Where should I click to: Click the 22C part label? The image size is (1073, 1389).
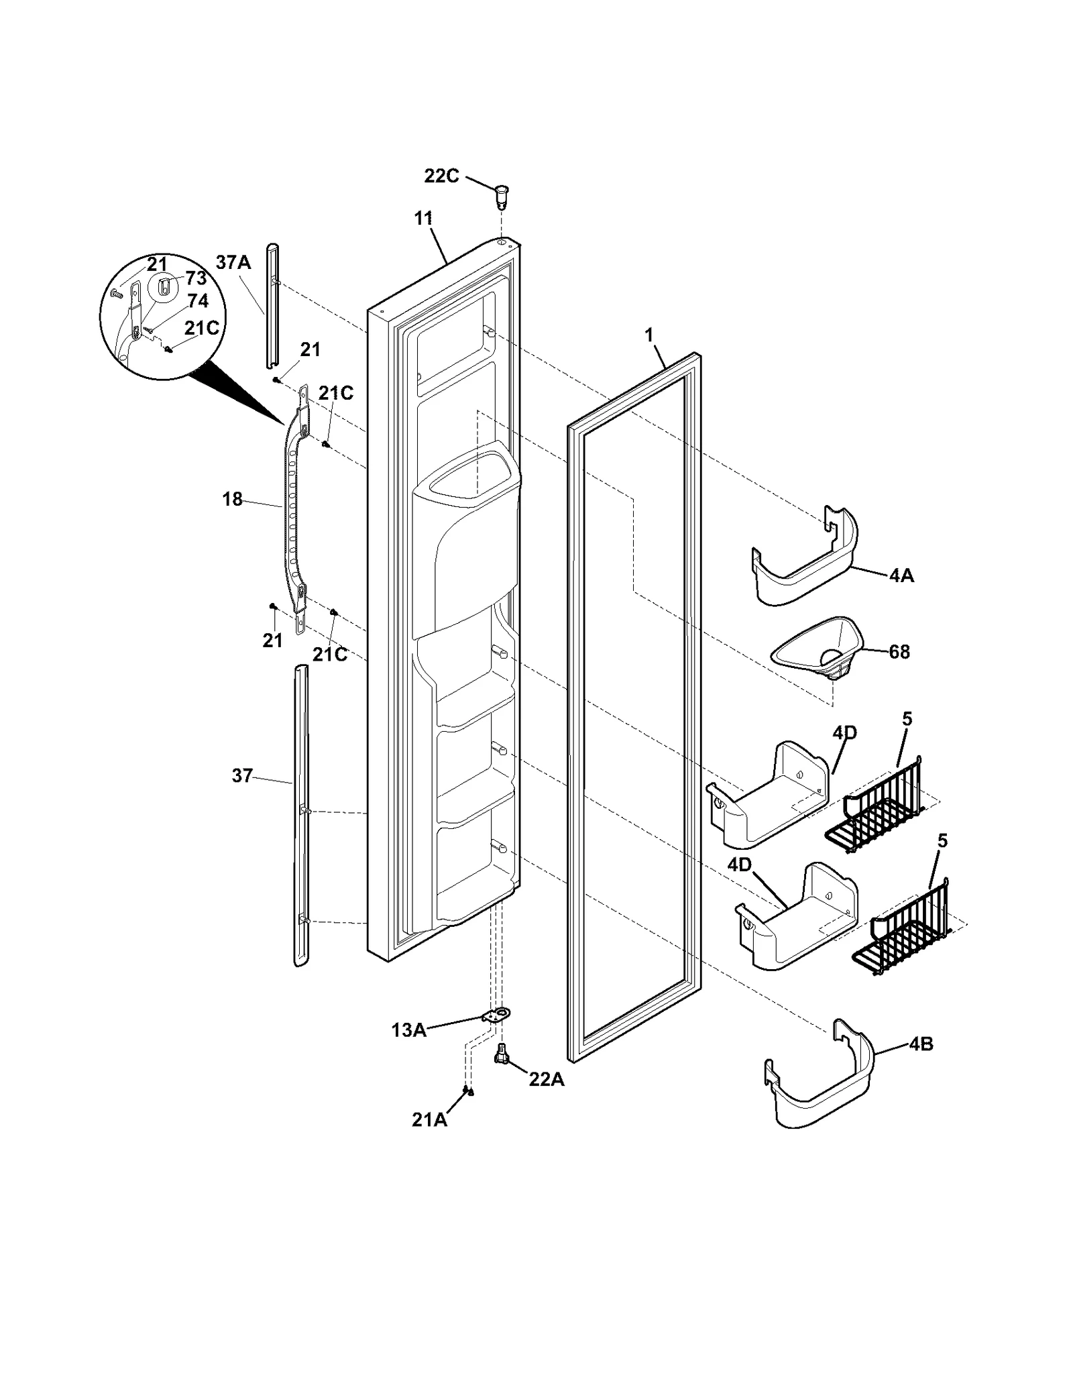(x=441, y=176)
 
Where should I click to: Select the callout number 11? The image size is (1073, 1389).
(x=423, y=219)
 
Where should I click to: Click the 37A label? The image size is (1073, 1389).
(x=233, y=262)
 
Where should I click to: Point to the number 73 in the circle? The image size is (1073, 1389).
(x=196, y=278)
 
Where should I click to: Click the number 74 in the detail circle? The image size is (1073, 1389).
(x=197, y=301)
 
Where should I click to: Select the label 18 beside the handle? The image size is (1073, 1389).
(x=232, y=500)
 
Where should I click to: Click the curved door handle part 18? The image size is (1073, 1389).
(x=294, y=510)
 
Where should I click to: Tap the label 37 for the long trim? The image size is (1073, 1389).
(x=242, y=776)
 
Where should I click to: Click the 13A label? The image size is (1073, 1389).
(x=409, y=1031)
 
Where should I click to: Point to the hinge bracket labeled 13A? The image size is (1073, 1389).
(x=496, y=1016)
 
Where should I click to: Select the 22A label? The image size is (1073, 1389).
(x=546, y=1080)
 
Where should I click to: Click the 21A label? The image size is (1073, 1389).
(x=429, y=1119)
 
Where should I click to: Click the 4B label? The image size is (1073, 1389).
(x=921, y=1044)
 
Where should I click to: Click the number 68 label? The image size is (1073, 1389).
(x=899, y=651)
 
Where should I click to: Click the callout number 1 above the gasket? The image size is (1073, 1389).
(x=648, y=335)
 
